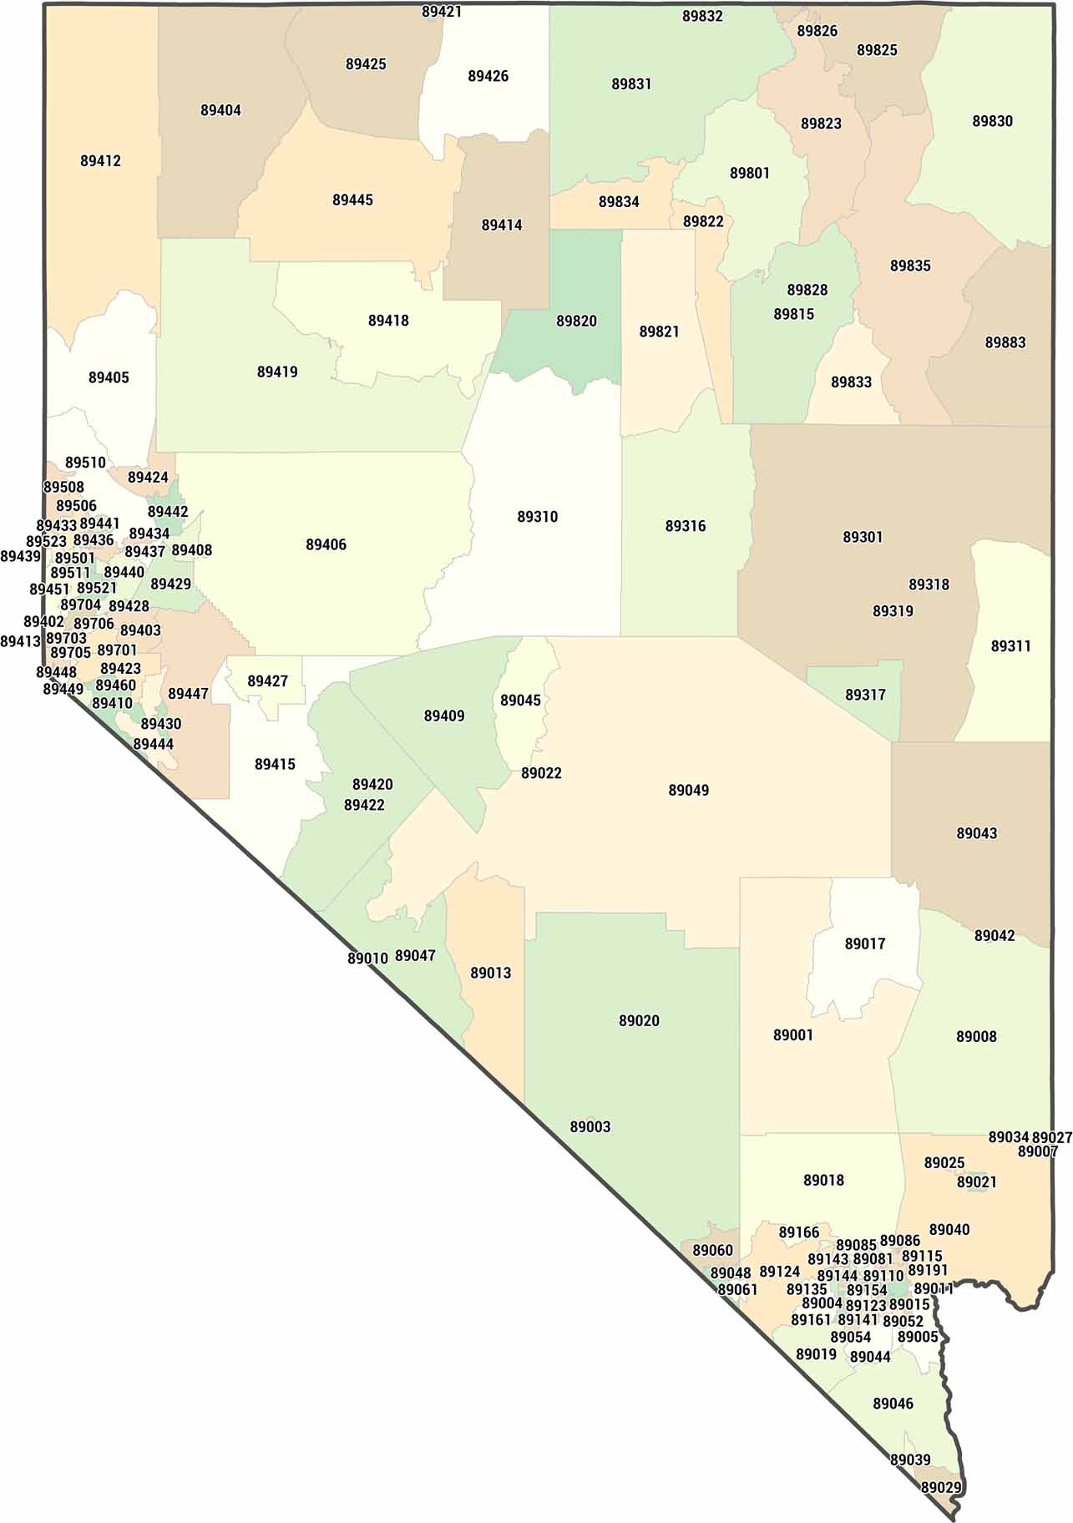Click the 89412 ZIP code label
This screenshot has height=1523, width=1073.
pos(100,161)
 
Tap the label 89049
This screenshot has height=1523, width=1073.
pos(688,790)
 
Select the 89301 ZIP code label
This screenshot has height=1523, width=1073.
pos(862,537)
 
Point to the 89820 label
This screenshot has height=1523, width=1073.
pos(576,321)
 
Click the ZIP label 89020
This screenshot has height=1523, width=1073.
pos(639,1020)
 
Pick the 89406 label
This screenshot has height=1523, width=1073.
pos(326,544)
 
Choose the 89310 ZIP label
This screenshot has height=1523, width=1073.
pos(537,517)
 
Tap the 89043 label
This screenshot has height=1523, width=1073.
pos(976,833)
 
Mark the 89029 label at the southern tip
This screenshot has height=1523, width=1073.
pos(941,1487)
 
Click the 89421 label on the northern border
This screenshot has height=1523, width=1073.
pos(442,12)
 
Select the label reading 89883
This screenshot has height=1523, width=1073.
pos(1005,342)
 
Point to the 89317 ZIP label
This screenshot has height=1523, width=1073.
pos(865,695)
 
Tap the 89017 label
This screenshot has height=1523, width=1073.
pos(864,944)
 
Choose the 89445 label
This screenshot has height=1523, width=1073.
pos(352,200)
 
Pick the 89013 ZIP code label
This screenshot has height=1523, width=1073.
pos(490,973)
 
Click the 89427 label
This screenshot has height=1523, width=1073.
pos(267,681)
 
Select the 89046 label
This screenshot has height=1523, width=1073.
pos(893,1404)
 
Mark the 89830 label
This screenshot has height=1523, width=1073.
pos(992,121)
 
